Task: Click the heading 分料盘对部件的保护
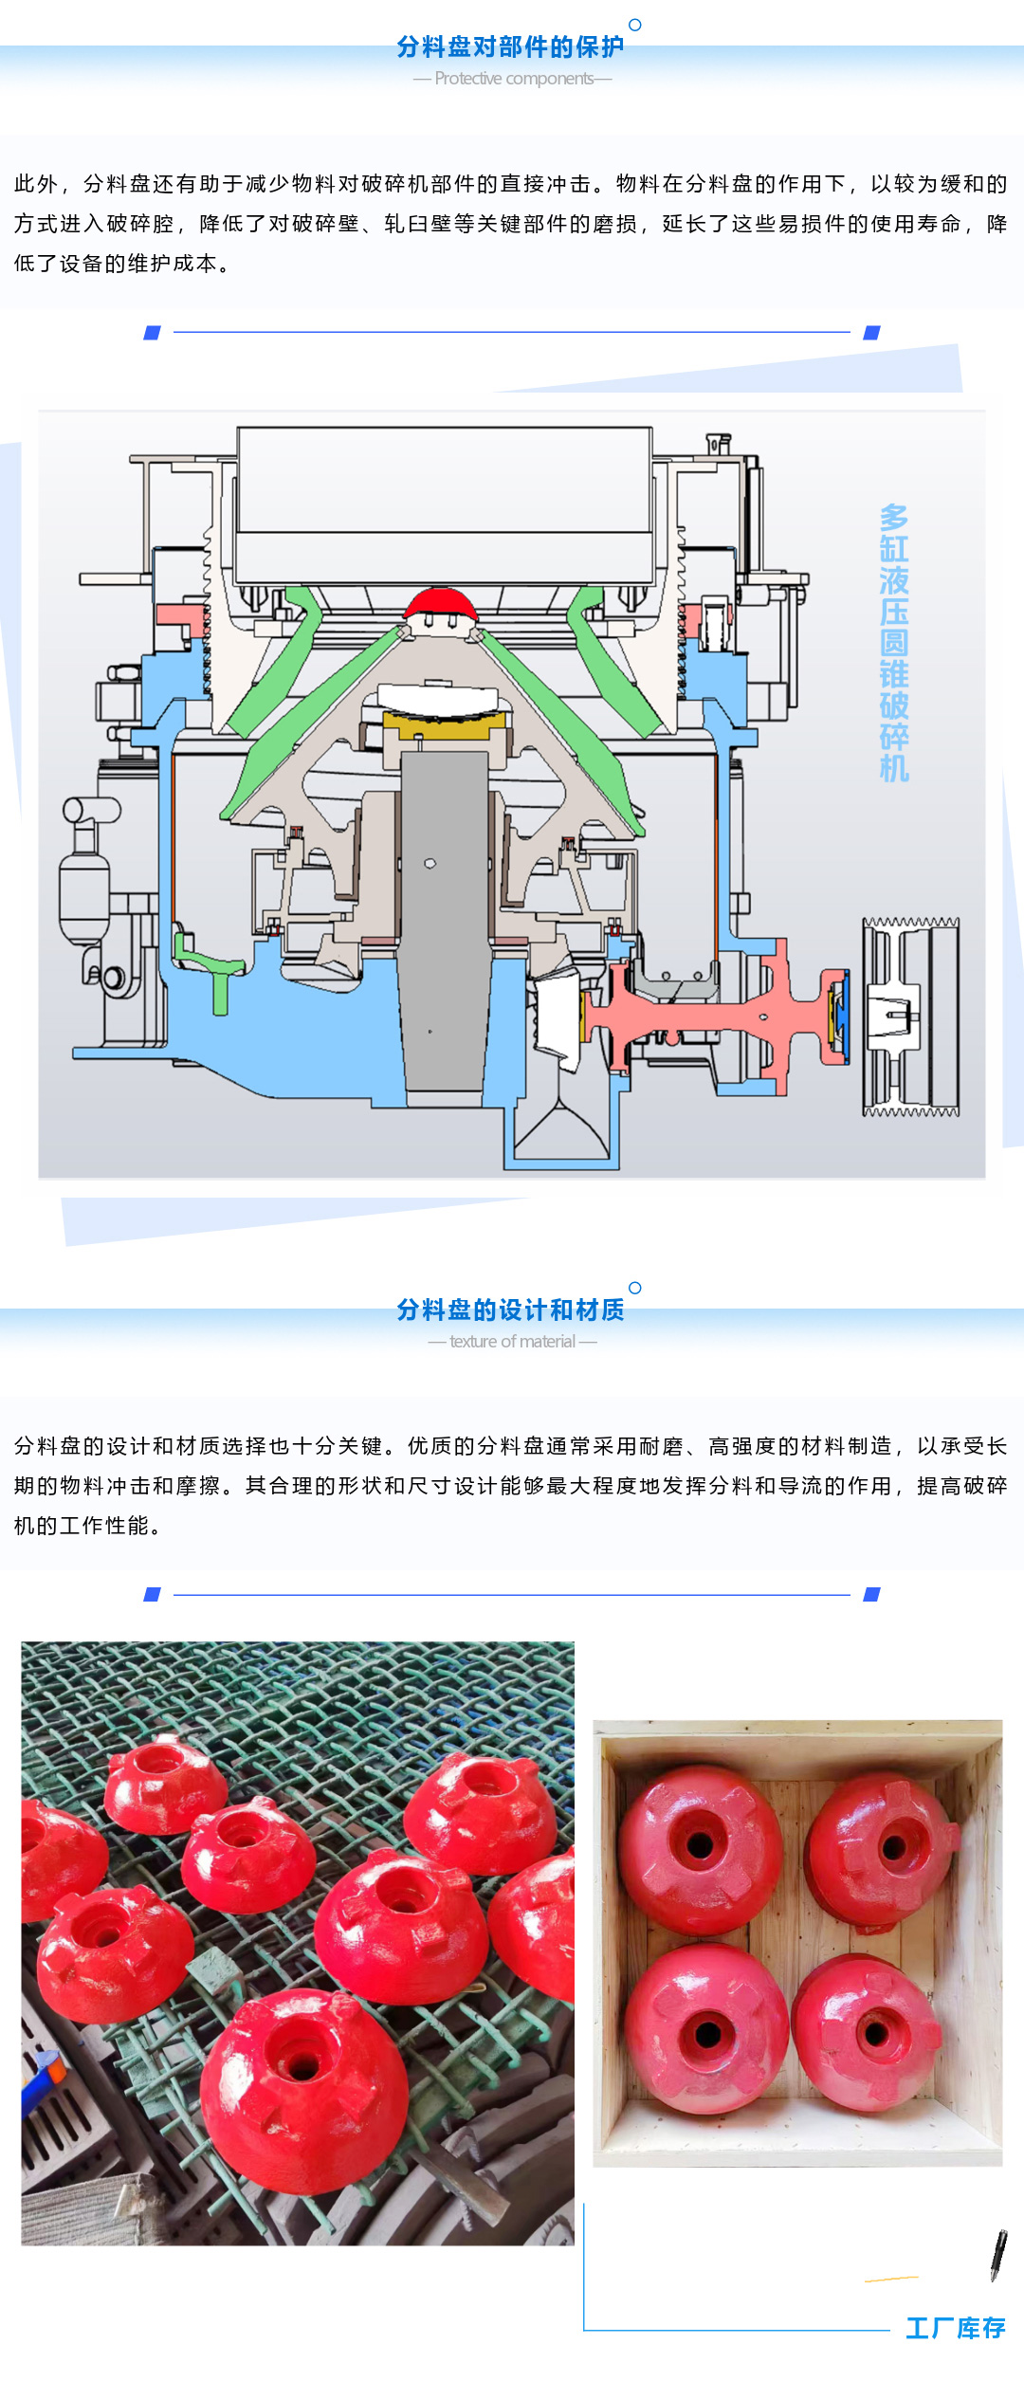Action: (510, 46)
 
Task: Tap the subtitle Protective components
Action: (513, 79)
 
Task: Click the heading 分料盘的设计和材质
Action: (510, 1310)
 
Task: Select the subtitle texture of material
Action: (512, 1342)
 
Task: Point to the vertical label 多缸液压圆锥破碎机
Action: (894, 643)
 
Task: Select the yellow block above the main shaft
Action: (443, 725)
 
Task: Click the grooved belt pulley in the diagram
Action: (910, 1017)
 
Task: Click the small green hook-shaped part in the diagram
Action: (213, 972)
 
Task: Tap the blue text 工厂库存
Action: (955, 2328)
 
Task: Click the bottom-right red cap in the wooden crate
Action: (869, 2031)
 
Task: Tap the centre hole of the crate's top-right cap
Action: (892, 1847)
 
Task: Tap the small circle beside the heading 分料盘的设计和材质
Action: (635, 1288)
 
